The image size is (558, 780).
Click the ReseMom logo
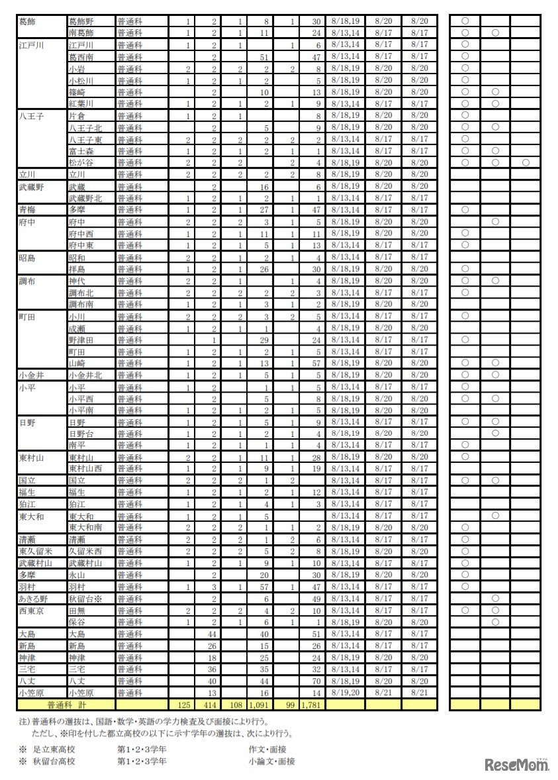pos(517,765)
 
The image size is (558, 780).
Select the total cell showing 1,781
pos(310,705)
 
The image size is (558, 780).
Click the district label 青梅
pos(28,210)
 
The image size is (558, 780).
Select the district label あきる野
pos(33,599)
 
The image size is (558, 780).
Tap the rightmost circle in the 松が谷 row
pos(525,162)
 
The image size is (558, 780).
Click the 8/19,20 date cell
pos(344,693)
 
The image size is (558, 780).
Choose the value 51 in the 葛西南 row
pos(263,56)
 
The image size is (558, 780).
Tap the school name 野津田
pos(81,340)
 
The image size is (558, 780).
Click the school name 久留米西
pos(85,552)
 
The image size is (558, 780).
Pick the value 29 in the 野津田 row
pos(263,340)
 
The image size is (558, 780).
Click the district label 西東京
pos(30,610)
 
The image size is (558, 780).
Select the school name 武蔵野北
pos(85,198)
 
